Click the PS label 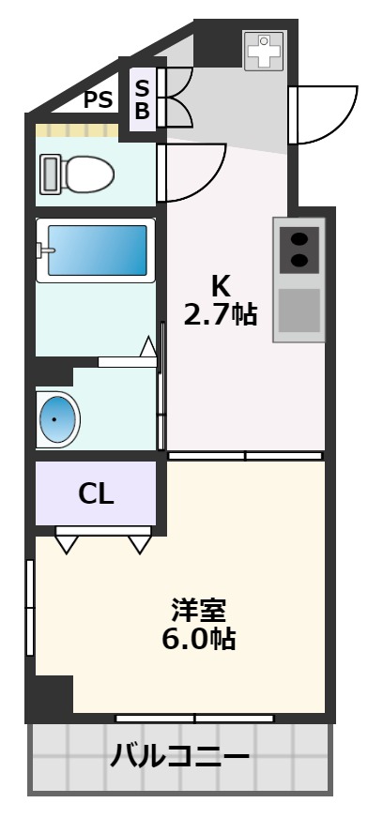click(99, 99)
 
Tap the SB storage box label click(143, 99)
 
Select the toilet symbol click(77, 174)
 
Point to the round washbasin click(57, 419)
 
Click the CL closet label click(96, 494)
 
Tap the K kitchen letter click(221, 286)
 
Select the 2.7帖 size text click(220, 315)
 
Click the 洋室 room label click(199, 611)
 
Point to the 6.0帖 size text click(199, 639)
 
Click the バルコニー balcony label click(179, 756)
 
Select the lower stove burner click(299, 259)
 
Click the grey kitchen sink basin click(299, 311)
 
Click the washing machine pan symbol click(264, 51)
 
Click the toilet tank click(50, 174)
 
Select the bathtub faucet click(45, 250)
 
